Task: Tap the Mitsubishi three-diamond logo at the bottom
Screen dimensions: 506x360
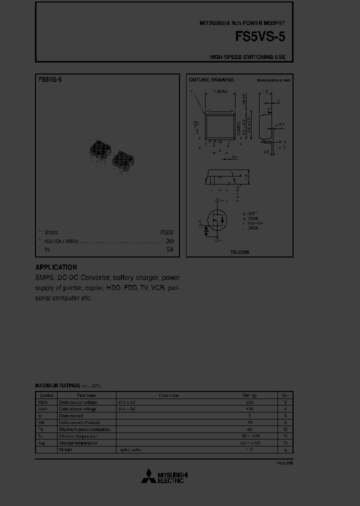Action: coord(148,477)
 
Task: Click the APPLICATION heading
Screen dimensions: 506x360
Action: coord(56,267)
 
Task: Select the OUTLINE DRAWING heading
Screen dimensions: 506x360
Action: coord(211,80)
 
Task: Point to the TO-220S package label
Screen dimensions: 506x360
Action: coord(239,252)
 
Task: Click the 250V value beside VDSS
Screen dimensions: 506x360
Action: coord(166,232)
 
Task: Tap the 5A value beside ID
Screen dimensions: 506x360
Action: coord(169,249)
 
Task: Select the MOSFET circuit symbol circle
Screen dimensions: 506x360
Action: coord(217,220)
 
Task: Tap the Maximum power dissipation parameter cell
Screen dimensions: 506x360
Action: coord(84,429)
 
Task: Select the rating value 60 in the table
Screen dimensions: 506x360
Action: coord(249,429)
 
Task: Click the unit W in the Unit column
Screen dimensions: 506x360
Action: coord(285,429)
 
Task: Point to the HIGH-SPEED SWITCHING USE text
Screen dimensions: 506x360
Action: coord(247,57)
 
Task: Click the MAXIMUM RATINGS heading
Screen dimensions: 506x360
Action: coord(57,386)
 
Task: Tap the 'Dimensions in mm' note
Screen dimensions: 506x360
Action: coord(273,80)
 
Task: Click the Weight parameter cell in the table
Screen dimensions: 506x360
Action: coord(65,450)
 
